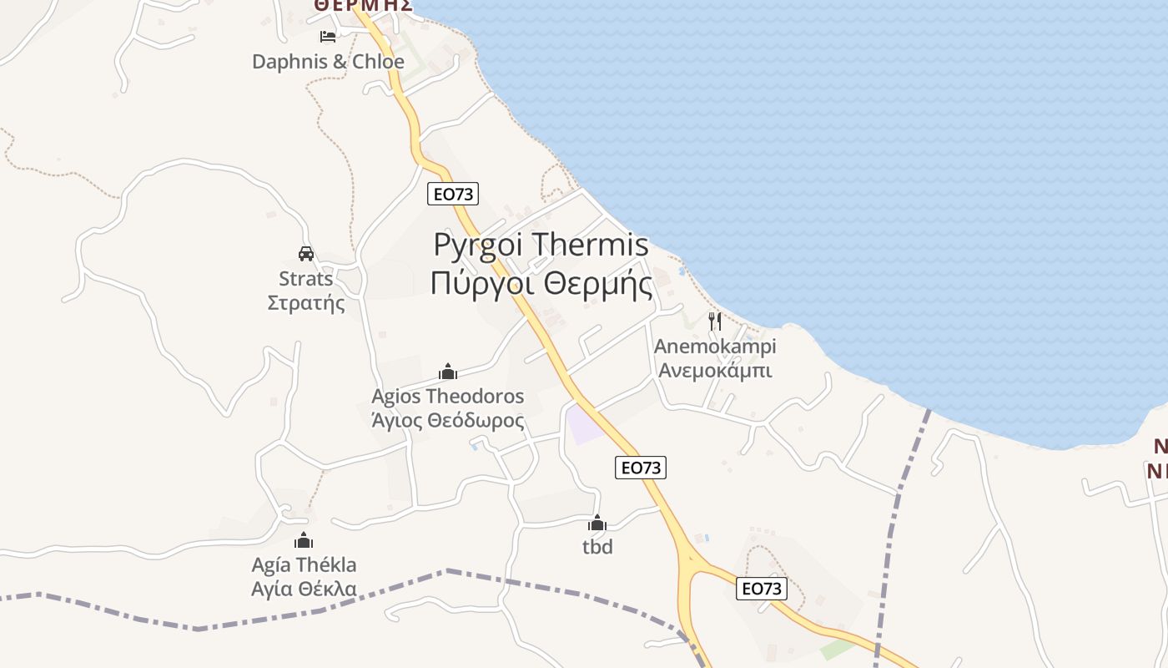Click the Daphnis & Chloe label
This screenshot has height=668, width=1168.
point(328,62)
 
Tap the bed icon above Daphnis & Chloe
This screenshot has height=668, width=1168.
point(328,37)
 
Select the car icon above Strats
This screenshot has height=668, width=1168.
point(306,254)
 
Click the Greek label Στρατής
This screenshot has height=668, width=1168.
point(306,302)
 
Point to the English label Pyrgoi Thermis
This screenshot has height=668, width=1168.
point(541,245)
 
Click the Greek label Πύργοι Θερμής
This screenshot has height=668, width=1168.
point(541,284)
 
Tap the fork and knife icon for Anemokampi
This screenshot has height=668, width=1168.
point(715,321)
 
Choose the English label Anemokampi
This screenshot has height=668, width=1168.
point(715,346)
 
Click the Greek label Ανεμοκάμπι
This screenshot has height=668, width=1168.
point(715,370)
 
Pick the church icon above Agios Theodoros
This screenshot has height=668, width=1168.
point(448,372)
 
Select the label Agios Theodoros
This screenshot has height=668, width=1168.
point(448,396)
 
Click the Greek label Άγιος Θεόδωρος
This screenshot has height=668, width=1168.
point(448,420)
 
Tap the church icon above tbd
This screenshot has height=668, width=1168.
point(597,524)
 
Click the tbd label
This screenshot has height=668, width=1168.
point(597,547)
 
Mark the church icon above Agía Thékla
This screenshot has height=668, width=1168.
point(304,540)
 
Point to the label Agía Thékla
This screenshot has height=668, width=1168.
point(304,564)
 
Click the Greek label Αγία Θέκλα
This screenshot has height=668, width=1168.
point(304,589)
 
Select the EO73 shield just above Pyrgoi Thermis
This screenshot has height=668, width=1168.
point(453,194)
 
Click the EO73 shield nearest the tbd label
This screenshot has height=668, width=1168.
point(641,468)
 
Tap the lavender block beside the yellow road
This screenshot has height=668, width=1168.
point(584,426)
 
